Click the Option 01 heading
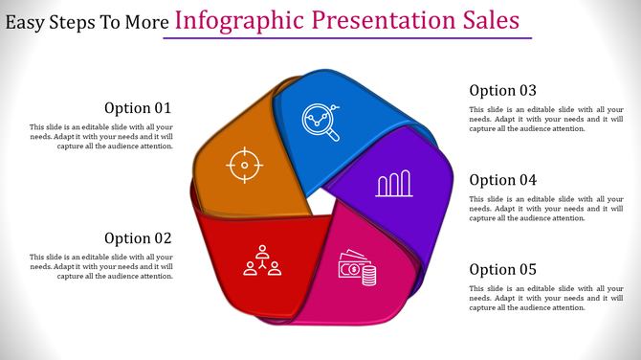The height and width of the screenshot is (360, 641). click(138, 108)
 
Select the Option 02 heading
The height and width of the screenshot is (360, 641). click(138, 238)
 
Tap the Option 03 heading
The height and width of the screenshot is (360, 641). click(502, 90)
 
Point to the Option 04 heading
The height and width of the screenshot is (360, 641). click(502, 180)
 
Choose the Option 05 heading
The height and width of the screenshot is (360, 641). click(502, 270)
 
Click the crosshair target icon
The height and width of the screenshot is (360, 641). click(244, 166)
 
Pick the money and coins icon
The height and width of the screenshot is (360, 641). click(358, 271)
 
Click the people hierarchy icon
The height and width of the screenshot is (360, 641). click(262, 261)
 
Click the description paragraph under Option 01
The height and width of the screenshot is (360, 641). click(101, 137)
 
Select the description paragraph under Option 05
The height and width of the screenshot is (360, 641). click(545, 298)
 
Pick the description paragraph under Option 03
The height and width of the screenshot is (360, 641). click(545, 119)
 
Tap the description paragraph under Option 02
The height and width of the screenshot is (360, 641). click(101, 266)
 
